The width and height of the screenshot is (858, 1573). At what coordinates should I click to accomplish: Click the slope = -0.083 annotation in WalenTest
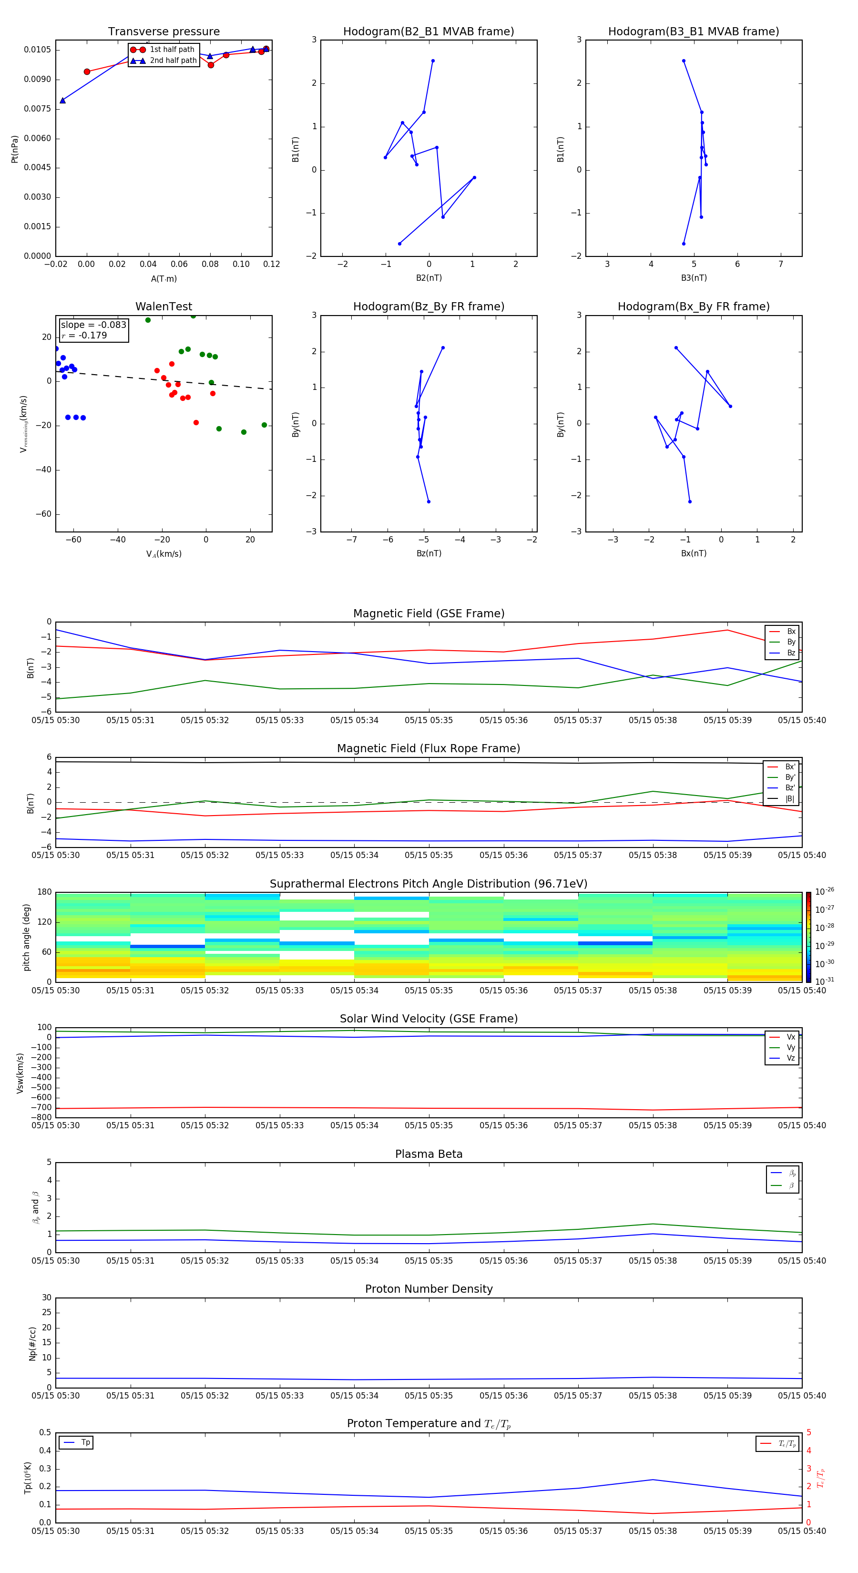[x=93, y=325]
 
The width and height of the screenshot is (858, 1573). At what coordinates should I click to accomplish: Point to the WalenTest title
[x=163, y=306]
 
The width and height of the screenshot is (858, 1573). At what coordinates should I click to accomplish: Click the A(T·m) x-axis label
[x=163, y=279]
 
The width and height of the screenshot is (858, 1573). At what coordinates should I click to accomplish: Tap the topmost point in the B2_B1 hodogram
[x=433, y=61]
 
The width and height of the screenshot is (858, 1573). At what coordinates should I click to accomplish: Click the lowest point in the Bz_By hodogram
[x=429, y=502]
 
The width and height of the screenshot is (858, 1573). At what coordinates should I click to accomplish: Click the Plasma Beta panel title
[x=429, y=1154]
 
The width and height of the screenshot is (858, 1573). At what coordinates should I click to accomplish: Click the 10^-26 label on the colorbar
[x=824, y=891]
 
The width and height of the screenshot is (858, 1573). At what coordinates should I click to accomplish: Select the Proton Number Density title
[x=429, y=1289]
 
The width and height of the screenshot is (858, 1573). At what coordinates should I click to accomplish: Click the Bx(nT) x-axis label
[x=693, y=553]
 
